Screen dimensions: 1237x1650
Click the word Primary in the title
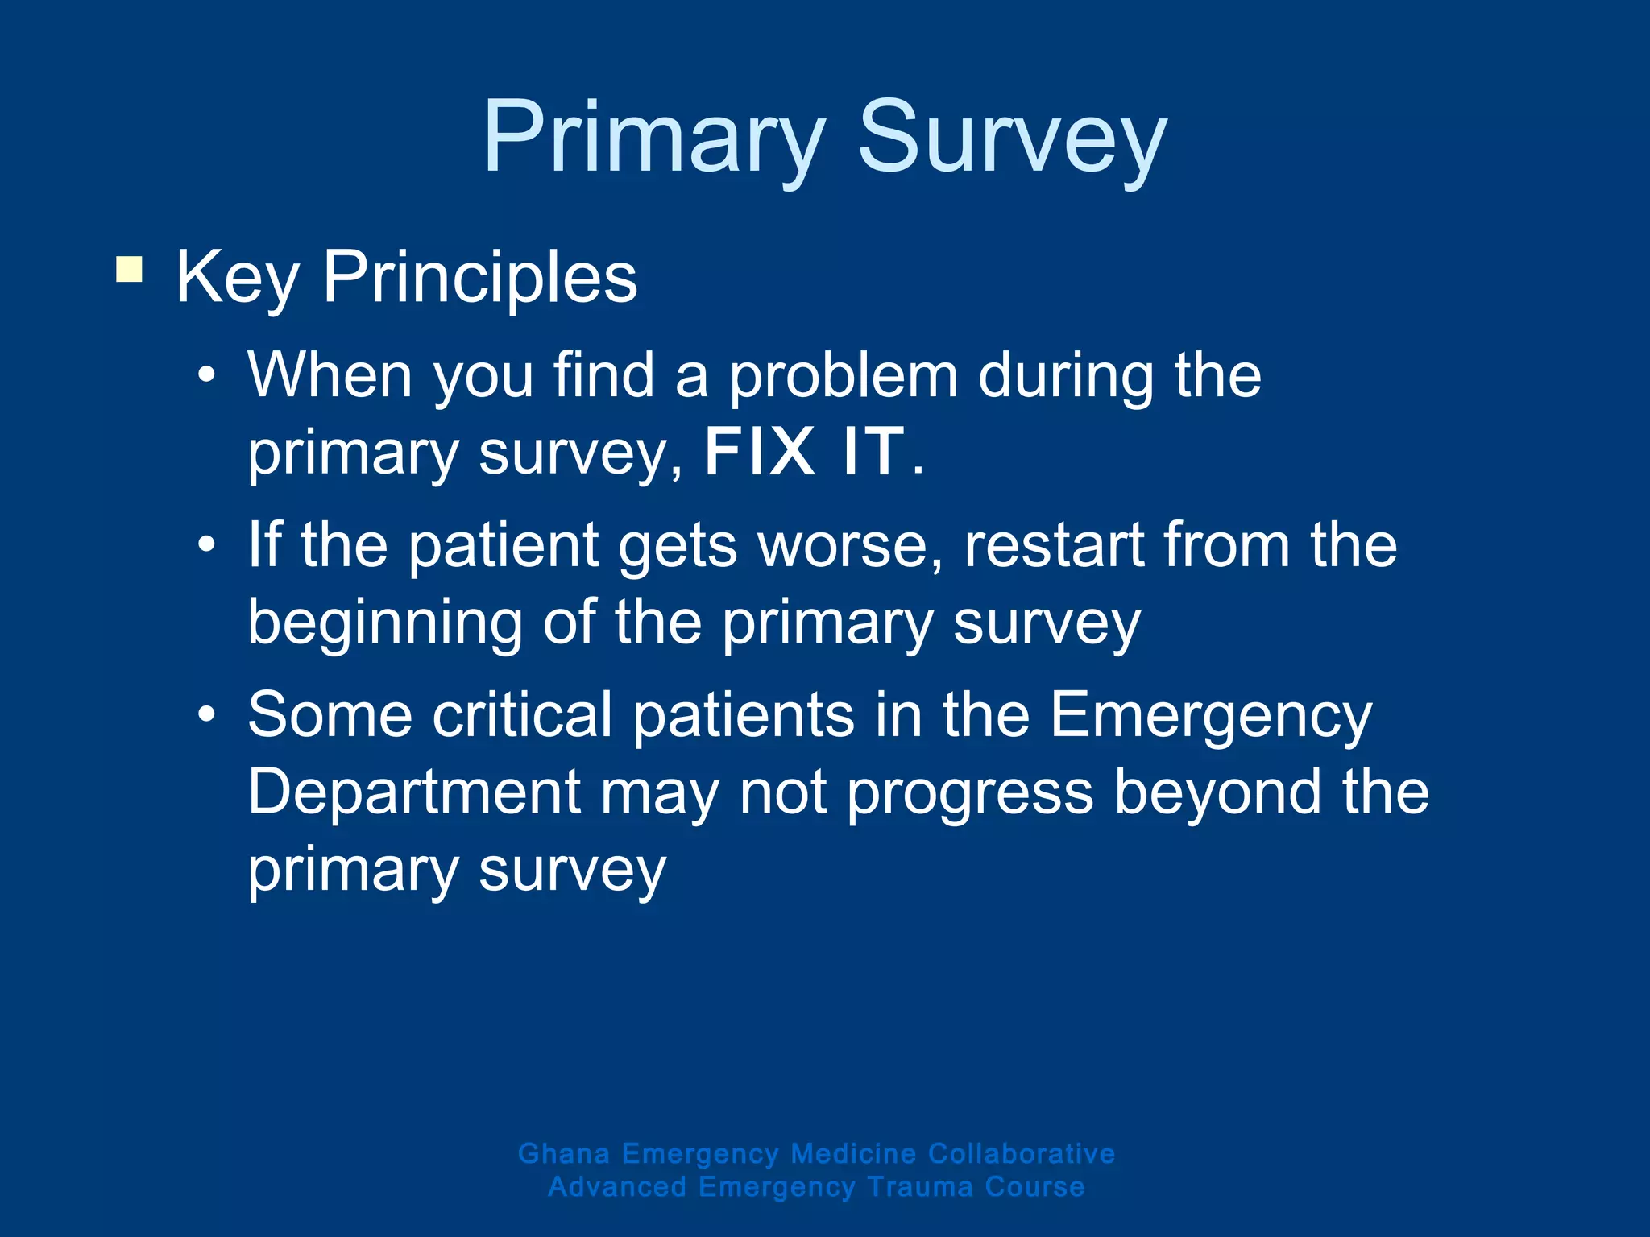[x=653, y=139]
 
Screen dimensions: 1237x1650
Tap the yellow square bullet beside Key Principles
[x=129, y=269]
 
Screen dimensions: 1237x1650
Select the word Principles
[x=480, y=279]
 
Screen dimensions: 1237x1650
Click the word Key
[x=237, y=279]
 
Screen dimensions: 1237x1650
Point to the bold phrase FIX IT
[x=804, y=452]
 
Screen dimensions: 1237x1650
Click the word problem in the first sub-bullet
[x=843, y=377]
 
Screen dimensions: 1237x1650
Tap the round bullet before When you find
[x=207, y=376]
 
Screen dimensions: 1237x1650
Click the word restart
[x=1054, y=545]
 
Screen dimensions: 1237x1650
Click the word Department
[x=414, y=792]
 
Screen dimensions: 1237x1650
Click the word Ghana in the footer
[x=564, y=1153]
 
